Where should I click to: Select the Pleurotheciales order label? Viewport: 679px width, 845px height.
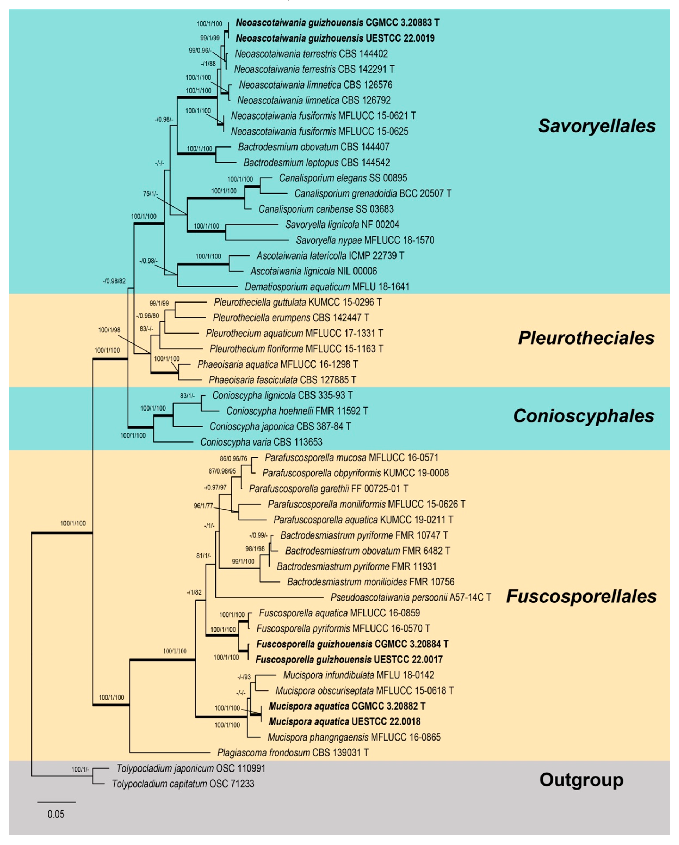[586, 338]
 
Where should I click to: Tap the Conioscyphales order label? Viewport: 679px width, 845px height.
[583, 416]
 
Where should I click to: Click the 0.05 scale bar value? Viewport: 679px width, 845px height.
[56, 814]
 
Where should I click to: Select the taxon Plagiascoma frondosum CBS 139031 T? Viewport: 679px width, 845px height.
[293, 752]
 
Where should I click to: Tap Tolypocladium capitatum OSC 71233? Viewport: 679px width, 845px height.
[183, 783]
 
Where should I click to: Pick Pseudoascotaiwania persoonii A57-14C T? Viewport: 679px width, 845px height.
[410, 597]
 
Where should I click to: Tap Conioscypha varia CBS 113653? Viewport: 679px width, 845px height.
[261, 442]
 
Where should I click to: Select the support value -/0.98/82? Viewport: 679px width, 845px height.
[114, 281]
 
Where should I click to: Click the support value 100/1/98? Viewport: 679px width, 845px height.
[109, 330]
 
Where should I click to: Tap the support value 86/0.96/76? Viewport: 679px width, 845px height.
[234, 458]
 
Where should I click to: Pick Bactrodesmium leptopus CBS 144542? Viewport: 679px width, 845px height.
[316, 162]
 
